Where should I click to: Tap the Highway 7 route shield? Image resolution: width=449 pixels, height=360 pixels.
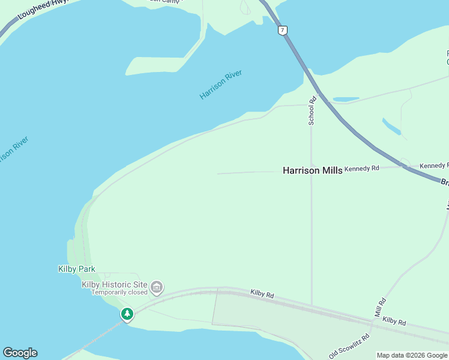pos(282,30)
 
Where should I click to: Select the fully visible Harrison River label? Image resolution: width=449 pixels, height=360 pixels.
pos(221,85)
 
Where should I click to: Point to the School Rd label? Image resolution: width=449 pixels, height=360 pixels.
pos(312,111)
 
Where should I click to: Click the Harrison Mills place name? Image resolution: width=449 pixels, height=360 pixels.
pos(312,170)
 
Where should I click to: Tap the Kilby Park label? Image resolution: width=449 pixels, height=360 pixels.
pos(77,269)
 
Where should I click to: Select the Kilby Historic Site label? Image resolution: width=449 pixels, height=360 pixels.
pos(115,284)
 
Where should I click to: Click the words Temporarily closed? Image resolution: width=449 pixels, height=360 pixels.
pos(119,293)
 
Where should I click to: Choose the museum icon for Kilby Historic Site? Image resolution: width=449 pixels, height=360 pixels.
pos(157,288)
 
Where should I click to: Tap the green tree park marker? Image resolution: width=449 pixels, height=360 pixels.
pos(127,314)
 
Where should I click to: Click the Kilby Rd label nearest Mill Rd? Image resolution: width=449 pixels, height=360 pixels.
pos(394,322)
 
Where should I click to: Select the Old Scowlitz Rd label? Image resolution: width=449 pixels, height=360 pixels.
pos(349,346)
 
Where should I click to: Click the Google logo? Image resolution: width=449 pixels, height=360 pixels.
pos(20,353)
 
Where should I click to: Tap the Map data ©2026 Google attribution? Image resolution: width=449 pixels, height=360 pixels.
pos(412,355)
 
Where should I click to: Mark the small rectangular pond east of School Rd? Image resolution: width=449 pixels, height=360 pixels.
pos(346,99)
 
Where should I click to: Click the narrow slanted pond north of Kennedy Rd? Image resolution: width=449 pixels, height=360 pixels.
pos(391,126)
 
